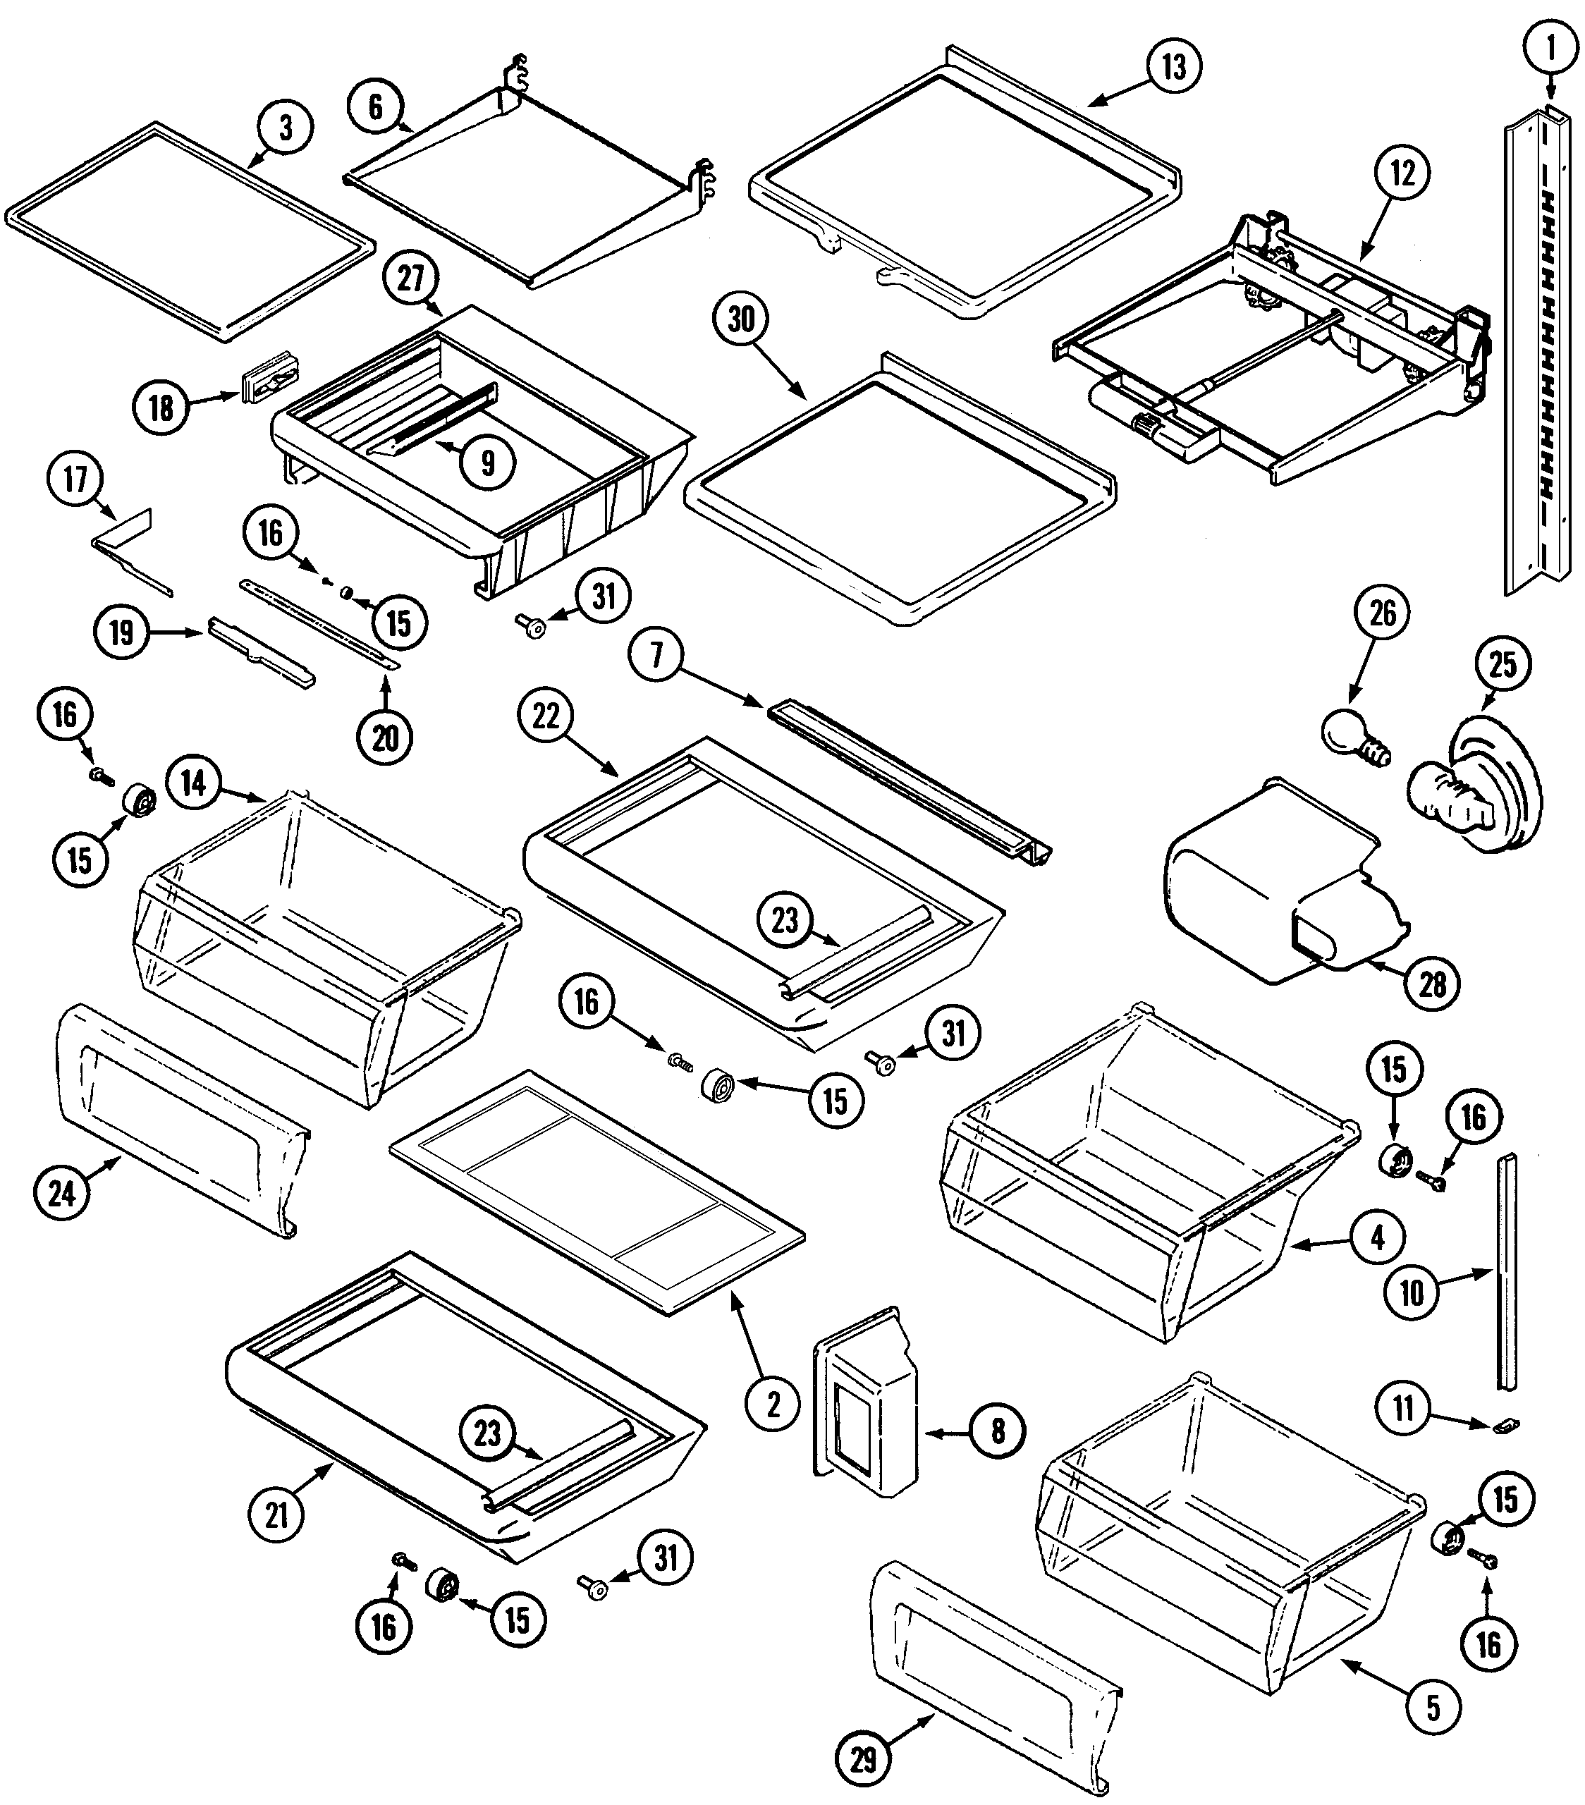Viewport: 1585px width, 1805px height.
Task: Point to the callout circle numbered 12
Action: click(x=1402, y=173)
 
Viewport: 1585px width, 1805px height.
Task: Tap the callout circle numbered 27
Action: click(x=410, y=279)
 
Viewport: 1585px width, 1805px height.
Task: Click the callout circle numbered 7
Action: click(x=656, y=655)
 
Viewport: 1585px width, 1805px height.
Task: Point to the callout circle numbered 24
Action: click(x=62, y=1194)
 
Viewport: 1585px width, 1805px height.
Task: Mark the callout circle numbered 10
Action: click(x=1413, y=1294)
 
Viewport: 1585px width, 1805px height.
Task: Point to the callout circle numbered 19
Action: click(x=121, y=632)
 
